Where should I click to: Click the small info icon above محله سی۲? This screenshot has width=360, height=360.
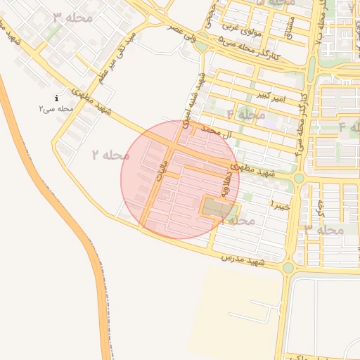(56, 98)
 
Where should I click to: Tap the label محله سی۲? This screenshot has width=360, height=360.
(56, 109)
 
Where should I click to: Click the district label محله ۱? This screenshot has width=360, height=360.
(238, 220)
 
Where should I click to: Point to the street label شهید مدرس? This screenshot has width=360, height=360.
(243, 259)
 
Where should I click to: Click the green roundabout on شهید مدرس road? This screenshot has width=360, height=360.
(288, 268)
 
